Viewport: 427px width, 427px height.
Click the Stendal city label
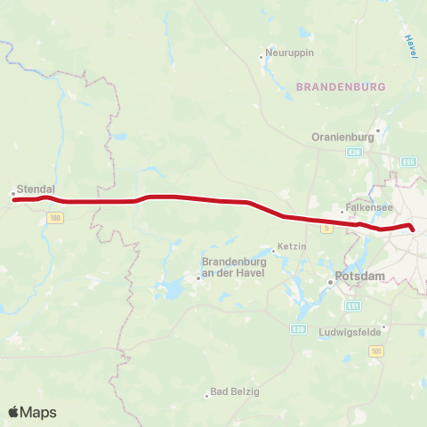click(36, 189)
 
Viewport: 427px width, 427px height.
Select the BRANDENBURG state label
click(340, 87)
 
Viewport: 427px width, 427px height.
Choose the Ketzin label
click(292, 245)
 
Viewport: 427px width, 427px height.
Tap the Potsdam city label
click(361, 277)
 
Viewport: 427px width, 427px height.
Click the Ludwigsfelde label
click(350, 333)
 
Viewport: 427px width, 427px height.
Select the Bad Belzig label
click(235, 392)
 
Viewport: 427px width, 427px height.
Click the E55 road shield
click(408, 162)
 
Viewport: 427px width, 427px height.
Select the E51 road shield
click(353, 305)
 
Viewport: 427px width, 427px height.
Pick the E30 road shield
click(298, 328)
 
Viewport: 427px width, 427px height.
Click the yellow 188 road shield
click(56, 217)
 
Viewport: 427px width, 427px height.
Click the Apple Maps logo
click(32, 412)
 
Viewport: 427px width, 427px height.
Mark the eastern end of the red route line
click(413, 230)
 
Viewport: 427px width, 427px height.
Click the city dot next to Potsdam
click(330, 281)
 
